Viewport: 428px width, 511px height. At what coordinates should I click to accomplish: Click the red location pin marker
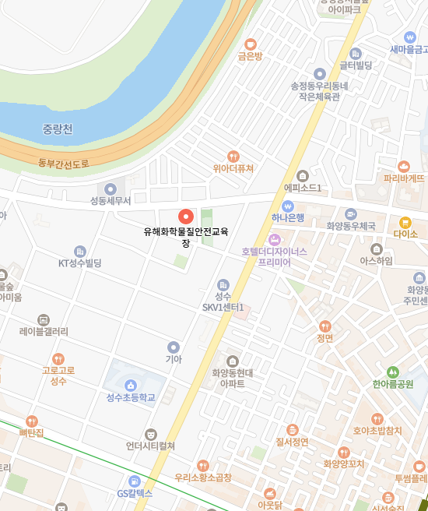pos(185,217)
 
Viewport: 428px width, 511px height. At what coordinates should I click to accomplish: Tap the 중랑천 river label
pos(58,129)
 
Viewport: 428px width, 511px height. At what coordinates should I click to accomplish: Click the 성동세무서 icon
pos(111,188)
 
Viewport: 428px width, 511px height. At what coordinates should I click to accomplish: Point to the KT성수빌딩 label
pos(80,263)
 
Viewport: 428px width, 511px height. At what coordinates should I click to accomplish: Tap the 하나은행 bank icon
pos(288,206)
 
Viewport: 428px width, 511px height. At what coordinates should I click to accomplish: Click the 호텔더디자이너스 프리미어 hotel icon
pos(274,239)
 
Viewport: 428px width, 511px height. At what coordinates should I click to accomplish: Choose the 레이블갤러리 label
pos(44,331)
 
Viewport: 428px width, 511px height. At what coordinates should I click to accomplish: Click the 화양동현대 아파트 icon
pos(233,361)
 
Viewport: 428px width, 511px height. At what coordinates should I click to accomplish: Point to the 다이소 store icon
pos(405,222)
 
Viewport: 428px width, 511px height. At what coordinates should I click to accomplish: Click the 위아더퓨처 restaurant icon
pos(233,156)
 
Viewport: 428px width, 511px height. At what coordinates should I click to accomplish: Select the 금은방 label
pos(250,57)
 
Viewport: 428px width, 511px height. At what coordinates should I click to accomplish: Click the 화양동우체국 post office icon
pos(351,213)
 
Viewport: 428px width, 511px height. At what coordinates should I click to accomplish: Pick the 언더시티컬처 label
pos(151,446)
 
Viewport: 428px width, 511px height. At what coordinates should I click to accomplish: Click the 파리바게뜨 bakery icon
pos(404,166)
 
